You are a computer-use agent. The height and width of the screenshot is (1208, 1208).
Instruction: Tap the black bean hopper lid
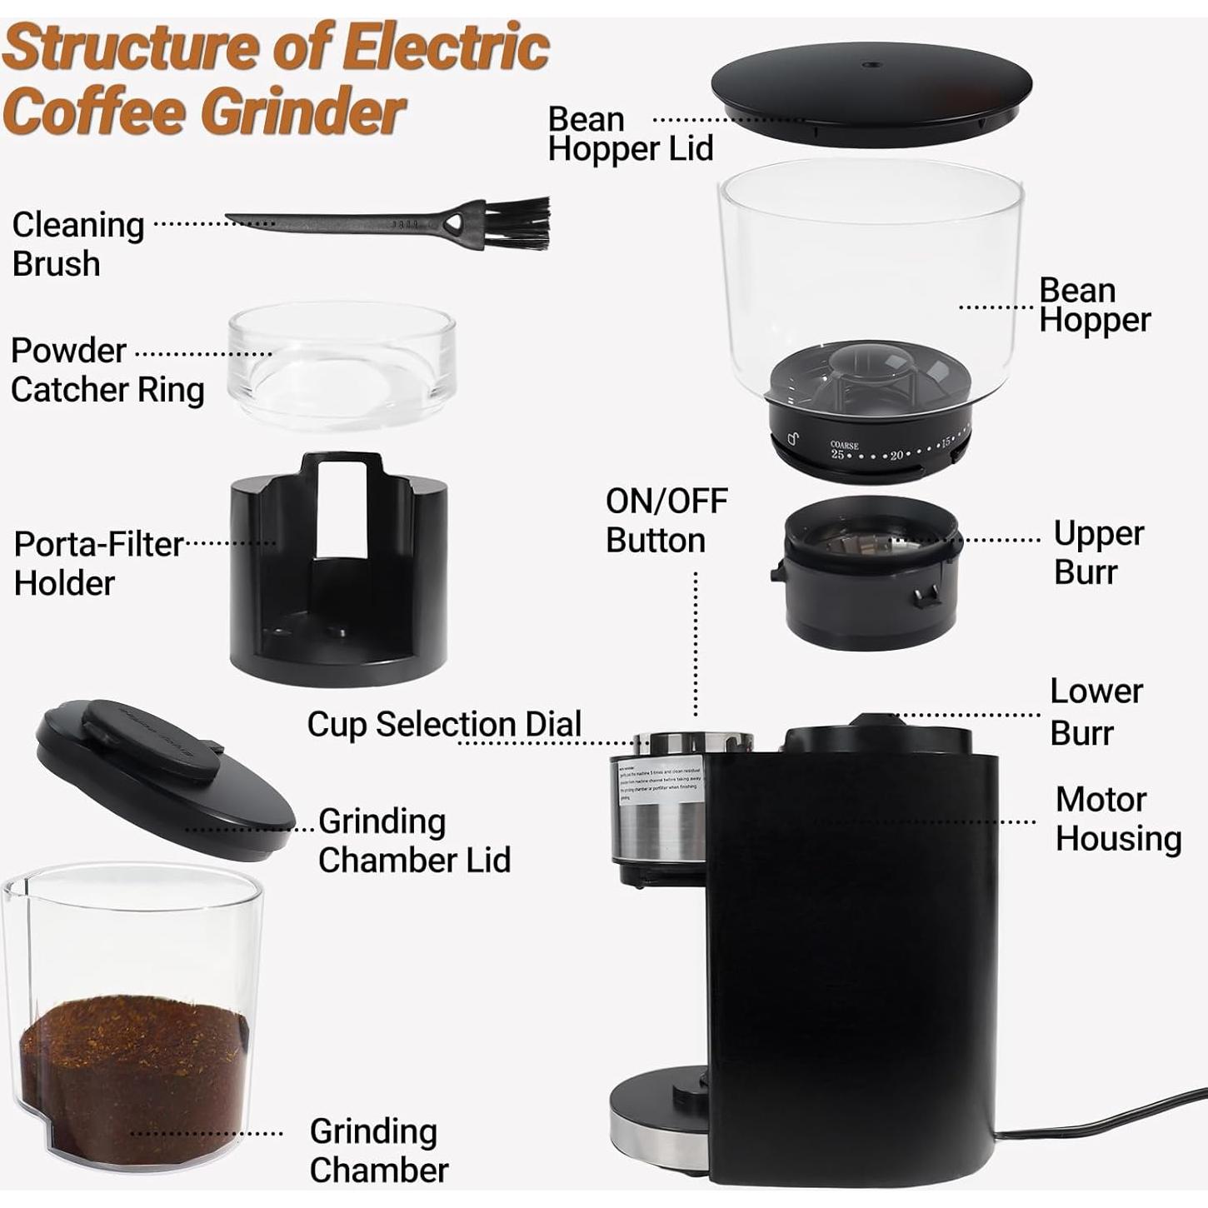[871, 92]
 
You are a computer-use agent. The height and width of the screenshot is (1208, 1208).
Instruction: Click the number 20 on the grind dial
[896, 456]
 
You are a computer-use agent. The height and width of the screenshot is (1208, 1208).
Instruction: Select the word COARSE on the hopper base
[844, 446]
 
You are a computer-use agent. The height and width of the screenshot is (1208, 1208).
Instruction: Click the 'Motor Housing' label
[1117, 819]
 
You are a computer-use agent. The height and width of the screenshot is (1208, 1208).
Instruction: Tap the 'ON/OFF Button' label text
[666, 521]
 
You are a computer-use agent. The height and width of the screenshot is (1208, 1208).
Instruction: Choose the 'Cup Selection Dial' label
[444, 724]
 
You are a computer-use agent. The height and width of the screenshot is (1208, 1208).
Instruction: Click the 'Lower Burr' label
[1095, 712]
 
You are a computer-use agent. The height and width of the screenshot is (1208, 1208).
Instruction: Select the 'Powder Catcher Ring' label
[107, 370]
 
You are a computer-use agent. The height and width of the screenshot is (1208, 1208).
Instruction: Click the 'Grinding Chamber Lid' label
[413, 841]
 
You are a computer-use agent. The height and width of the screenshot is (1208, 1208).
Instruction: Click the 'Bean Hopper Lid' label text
[630, 134]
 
